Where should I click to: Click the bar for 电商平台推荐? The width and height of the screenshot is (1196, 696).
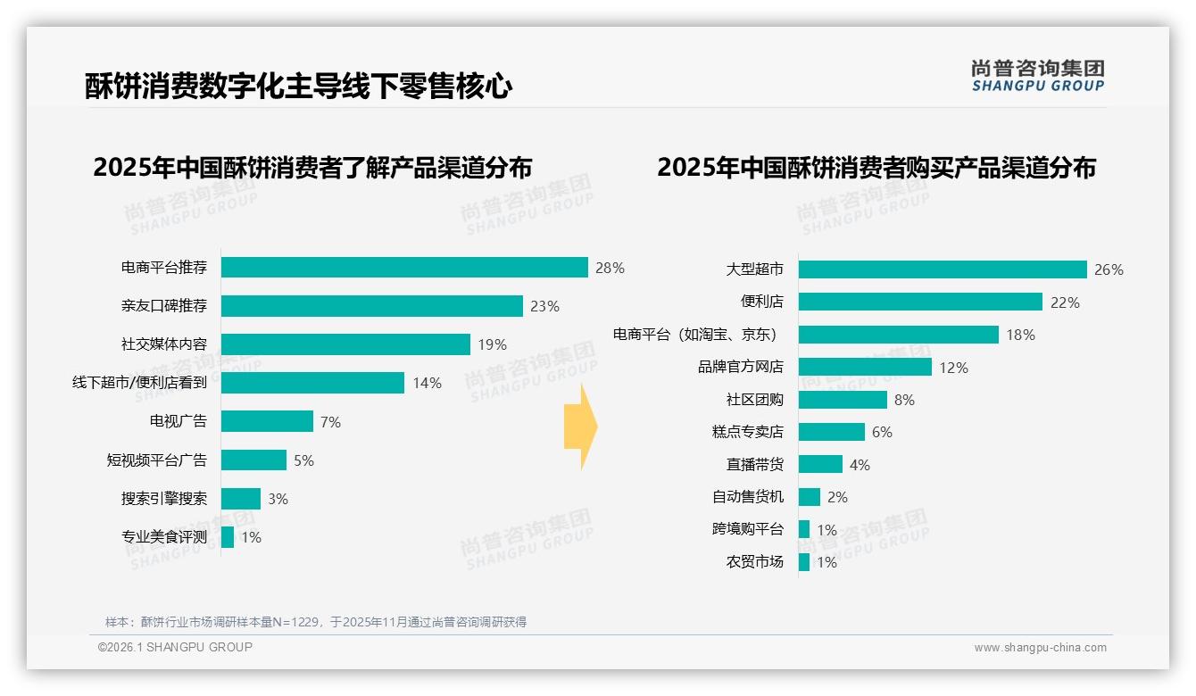click(404, 268)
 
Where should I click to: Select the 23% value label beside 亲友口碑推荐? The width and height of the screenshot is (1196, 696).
click(544, 306)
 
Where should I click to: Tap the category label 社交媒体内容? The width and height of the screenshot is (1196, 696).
click(164, 344)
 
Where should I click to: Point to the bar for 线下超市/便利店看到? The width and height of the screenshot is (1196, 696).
click(312, 383)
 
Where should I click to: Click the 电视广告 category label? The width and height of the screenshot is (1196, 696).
click(179, 421)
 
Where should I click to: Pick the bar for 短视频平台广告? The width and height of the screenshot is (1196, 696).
click(253, 460)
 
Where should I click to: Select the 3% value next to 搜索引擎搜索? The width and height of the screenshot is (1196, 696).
click(278, 499)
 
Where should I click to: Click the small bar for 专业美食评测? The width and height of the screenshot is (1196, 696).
click(228, 537)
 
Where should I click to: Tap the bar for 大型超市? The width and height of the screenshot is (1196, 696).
click(943, 269)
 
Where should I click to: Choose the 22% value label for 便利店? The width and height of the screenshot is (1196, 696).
click(1065, 302)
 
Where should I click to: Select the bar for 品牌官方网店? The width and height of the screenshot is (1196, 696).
click(865, 367)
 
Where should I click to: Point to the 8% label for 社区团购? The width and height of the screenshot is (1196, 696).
click(904, 400)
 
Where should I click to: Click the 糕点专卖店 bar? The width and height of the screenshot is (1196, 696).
click(832, 432)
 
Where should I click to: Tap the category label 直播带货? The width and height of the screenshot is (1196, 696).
click(755, 465)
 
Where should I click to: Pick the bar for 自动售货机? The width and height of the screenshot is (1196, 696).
click(810, 497)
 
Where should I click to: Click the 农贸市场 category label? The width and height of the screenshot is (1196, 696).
click(755, 561)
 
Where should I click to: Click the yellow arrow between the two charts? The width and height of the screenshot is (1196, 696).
click(581, 427)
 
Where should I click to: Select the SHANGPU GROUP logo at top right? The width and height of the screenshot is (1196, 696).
click(1038, 75)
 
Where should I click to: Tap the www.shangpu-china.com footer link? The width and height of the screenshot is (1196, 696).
click(1040, 648)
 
